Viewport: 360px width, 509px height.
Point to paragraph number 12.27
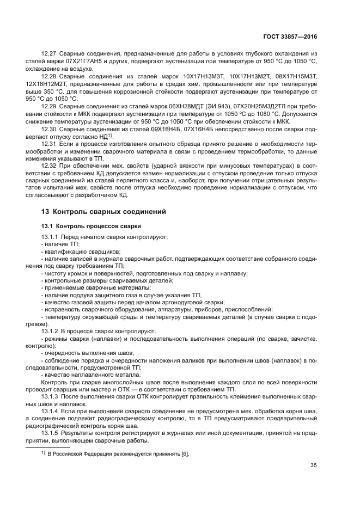(49, 54)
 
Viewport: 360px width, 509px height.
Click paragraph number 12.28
(49, 79)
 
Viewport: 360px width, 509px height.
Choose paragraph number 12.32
(49, 179)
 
